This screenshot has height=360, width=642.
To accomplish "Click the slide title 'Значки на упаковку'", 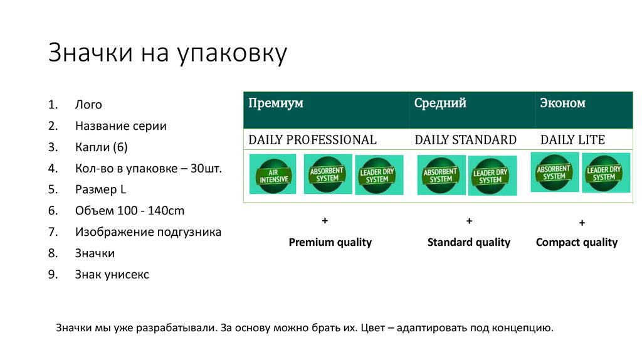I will (x=167, y=54).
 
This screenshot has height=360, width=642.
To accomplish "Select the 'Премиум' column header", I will (x=276, y=104).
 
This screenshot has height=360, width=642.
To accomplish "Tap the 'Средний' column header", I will (x=440, y=104).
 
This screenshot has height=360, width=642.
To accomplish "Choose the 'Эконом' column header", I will (x=562, y=104).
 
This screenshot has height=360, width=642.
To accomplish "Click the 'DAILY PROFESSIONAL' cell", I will (x=312, y=140).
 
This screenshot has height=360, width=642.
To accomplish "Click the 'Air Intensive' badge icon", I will (x=273, y=174).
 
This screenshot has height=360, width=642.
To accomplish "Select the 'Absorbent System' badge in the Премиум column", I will (x=327, y=174).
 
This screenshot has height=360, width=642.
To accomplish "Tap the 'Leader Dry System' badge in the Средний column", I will (x=492, y=176).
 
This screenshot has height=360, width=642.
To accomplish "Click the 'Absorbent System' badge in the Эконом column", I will (x=554, y=172).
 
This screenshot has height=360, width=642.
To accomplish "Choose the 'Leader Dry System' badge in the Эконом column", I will (x=606, y=173).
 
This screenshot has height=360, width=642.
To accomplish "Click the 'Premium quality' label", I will (x=330, y=242).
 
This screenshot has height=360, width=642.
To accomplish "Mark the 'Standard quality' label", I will (x=468, y=242).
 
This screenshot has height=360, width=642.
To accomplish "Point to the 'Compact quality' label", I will (x=576, y=242).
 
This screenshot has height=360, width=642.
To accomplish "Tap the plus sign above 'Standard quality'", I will (x=468, y=221).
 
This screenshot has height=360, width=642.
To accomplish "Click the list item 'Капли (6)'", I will (x=101, y=147).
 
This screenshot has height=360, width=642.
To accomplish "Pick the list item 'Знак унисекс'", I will (x=112, y=274).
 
